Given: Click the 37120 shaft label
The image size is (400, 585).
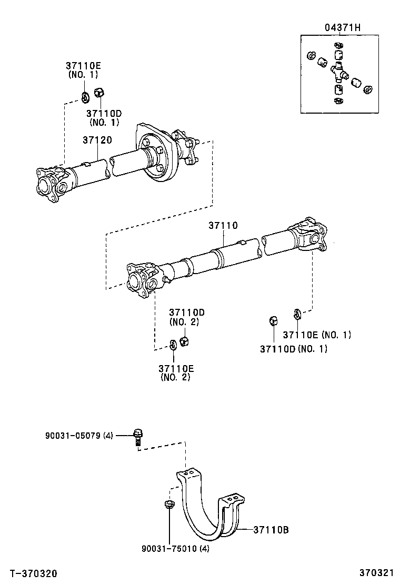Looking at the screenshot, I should [x=96, y=140].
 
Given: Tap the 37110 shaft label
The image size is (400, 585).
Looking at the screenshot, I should [x=223, y=225].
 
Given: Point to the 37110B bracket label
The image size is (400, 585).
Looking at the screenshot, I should [x=271, y=529].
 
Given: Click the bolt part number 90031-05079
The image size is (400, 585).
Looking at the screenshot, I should [x=75, y=435].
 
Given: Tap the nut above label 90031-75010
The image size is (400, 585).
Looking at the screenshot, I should [x=168, y=506].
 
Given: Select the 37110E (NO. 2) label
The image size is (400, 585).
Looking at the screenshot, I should [x=175, y=372].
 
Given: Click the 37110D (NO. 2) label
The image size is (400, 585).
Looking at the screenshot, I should [x=184, y=317].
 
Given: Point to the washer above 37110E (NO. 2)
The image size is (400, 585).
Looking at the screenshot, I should [x=173, y=345].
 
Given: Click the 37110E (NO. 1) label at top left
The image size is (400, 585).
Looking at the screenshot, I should [x=83, y=70].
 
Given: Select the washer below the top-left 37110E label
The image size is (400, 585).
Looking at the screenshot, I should [x=85, y=97].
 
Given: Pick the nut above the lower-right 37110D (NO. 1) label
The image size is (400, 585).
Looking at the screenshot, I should [x=274, y=320].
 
